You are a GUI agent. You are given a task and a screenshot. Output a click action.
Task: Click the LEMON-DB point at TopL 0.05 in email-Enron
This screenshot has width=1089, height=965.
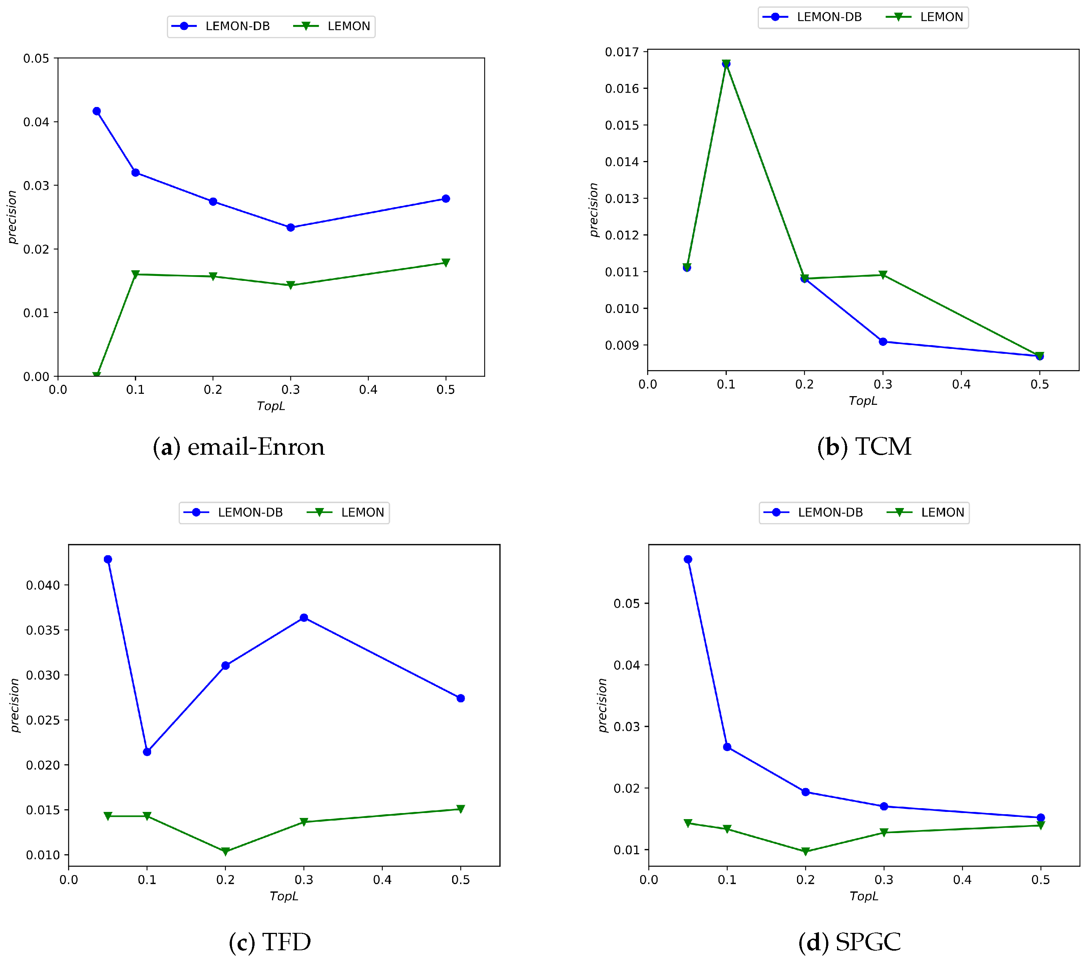tap(96, 111)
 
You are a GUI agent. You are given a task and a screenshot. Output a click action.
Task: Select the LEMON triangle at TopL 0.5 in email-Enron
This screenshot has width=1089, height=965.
tap(446, 262)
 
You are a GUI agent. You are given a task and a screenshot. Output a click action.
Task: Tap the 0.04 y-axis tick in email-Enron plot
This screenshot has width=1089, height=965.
tap(36, 122)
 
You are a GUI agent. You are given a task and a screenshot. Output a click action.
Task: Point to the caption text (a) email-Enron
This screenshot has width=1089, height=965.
tap(239, 447)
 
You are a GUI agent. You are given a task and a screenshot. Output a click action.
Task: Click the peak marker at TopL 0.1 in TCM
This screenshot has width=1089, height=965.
tap(726, 64)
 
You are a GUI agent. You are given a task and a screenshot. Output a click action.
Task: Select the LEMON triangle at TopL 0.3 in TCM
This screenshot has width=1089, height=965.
tap(883, 275)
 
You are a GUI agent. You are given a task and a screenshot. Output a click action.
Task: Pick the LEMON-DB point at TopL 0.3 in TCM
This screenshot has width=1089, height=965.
tap(883, 341)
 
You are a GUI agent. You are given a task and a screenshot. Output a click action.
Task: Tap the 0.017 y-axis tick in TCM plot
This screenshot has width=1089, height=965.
tap(622, 52)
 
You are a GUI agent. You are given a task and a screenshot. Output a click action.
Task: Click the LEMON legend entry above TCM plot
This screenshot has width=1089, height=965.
tap(925, 17)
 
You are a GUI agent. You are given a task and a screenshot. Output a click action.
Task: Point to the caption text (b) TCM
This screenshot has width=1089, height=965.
tap(864, 447)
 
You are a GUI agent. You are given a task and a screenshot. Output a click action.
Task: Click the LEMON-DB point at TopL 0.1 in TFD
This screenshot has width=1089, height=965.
tap(147, 752)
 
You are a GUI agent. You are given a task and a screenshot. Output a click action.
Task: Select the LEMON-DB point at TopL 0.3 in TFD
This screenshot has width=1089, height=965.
tap(304, 617)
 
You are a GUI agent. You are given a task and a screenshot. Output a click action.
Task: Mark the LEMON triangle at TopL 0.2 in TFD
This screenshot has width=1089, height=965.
tap(226, 852)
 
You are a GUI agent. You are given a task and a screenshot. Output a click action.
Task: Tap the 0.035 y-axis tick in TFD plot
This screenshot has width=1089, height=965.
tap(43, 630)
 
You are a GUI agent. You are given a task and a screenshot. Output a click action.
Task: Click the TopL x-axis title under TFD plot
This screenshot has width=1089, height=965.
tap(284, 896)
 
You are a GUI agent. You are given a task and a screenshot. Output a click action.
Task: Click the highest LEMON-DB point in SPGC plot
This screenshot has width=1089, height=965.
tap(688, 559)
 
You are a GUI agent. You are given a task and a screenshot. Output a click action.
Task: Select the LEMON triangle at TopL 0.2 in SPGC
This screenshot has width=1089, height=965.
tap(806, 852)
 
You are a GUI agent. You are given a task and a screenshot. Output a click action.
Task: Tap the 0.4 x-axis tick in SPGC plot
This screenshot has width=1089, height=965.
tap(962, 880)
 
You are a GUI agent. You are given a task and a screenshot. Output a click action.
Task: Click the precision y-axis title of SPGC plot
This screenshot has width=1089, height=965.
tap(602, 705)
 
